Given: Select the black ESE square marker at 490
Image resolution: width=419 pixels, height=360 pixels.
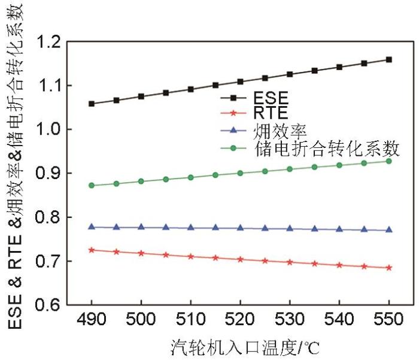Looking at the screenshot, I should (92, 104).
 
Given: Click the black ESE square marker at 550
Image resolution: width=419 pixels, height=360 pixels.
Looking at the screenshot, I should (389, 59).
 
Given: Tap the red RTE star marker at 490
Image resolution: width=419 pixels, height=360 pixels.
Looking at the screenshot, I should (92, 250).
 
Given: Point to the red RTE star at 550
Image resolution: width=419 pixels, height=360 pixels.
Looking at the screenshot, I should (389, 268).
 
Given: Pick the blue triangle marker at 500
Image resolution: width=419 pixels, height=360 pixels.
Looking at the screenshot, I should (141, 227).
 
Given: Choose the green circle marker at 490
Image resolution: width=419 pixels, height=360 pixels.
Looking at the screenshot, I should (92, 186).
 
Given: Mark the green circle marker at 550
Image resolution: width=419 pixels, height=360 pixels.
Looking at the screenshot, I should (389, 161).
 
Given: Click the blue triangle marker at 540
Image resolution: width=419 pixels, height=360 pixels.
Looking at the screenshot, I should (339, 229).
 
